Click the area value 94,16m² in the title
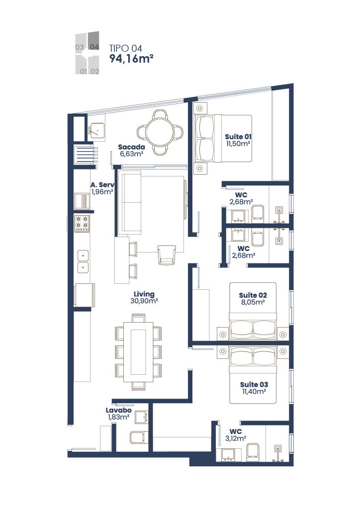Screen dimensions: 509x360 coord(131,59)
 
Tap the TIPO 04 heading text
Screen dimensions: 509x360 coord(126,48)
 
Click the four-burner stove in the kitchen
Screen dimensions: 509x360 coord(82,224)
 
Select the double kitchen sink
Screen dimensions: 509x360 coord(82,261)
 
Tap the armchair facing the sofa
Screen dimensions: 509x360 coord(166,254)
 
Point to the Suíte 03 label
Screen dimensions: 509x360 coord(254,388)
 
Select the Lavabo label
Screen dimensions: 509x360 coord(118,414)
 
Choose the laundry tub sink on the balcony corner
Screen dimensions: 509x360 coord(96,130)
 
